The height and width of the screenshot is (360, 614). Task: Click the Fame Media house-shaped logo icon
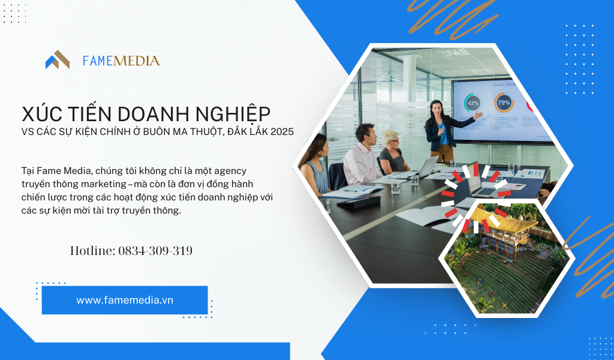57,60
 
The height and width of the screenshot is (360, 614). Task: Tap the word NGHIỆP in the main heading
233,114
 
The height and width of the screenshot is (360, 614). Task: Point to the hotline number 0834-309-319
155,251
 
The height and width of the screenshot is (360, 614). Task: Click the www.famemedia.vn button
125,300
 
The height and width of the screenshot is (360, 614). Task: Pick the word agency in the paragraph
231,171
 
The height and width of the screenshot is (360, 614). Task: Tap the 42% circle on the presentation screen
472,103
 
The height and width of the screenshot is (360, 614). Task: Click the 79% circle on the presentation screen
504,102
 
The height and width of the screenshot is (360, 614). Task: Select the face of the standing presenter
437,107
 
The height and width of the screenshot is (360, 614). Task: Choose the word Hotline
93,251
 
